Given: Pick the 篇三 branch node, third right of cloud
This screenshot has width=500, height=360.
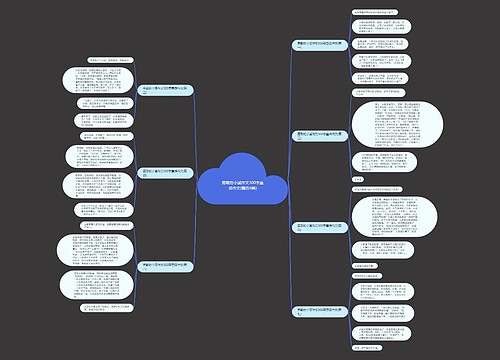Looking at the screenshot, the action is click(x=322, y=227).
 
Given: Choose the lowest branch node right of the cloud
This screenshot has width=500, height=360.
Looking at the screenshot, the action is click(x=322, y=313).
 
